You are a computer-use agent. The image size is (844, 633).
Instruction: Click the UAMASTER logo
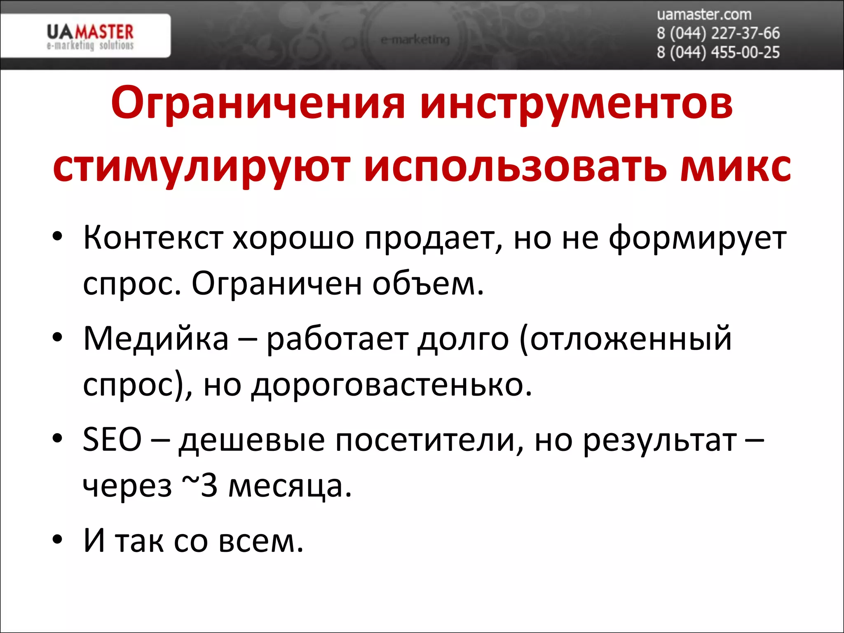click(x=90, y=36)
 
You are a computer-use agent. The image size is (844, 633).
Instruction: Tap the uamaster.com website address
click(x=704, y=15)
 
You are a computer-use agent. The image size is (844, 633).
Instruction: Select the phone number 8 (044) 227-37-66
click(x=718, y=33)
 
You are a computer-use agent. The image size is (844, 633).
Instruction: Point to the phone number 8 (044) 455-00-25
click(x=718, y=53)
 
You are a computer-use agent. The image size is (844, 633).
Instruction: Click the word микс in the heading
click(x=735, y=168)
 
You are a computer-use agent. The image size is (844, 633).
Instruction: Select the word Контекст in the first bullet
click(x=153, y=238)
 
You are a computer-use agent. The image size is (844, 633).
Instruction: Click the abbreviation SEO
click(x=112, y=440)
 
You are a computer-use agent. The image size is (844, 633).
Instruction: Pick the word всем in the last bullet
click(x=260, y=541)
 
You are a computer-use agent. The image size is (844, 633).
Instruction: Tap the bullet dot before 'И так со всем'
click(x=58, y=539)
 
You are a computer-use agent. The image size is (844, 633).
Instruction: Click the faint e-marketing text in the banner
click(x=415, y=40)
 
